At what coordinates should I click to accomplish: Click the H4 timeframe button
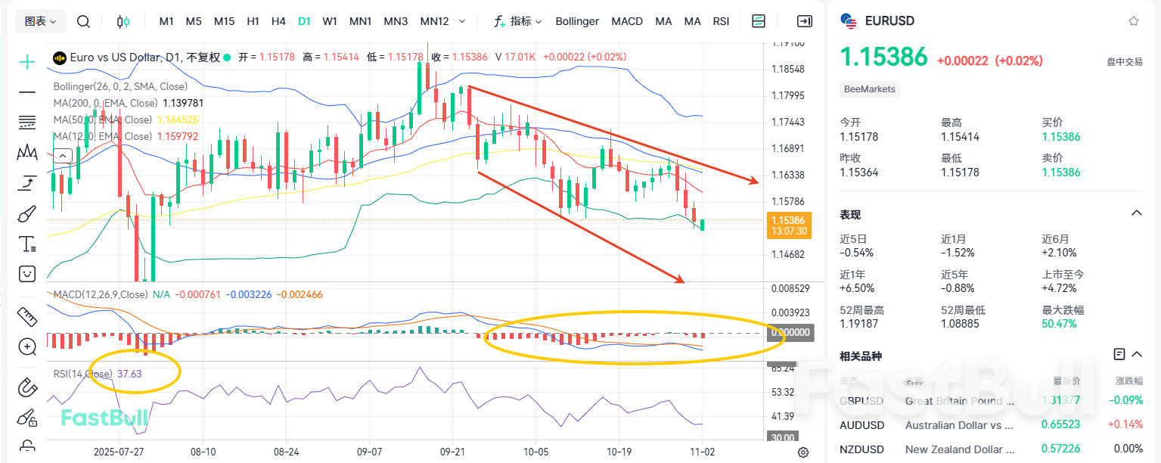pyautogui.click(x=278, y=21)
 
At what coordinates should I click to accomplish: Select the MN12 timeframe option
pyautogui.click(x=434, y=21)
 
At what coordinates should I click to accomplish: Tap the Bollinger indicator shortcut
pyautogui.click(x=577, y=21)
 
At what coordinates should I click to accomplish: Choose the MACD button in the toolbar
pyautogui.click(x=627, y=21)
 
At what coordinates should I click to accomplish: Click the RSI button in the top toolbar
pyautogui.click(x=721, y=21)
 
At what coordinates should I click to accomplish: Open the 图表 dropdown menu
pyautogui.click(x=41, y=21)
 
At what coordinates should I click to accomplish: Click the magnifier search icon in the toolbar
pyautogui.click(x=84, y=21)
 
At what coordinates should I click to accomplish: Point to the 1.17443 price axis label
pyautogui.click(x=787, y=122)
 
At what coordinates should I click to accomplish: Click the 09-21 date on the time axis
pyautogui.click(x=452, y=451)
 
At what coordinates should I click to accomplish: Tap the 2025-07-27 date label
pyautogui.click(x=118, y=451)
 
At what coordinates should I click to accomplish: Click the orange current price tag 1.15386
pyautogui.click(x=789, y=220)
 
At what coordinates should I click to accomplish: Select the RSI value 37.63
pyautogui.click(x=129, y=374)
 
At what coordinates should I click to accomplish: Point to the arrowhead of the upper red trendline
pyautogui.click(x=754, y=182)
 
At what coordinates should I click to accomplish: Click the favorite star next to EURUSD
pyautogui.click(x=1133, y=21)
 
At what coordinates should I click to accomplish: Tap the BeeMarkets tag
pyautogui.click(x=870, y=89)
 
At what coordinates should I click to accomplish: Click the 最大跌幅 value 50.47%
pyautogui.click(x=1060, y=324)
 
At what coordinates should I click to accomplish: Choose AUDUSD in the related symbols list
pyautogui.click(x=861, y=425)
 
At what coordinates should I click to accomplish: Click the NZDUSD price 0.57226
pyautogui.click(x=1060, y=449)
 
